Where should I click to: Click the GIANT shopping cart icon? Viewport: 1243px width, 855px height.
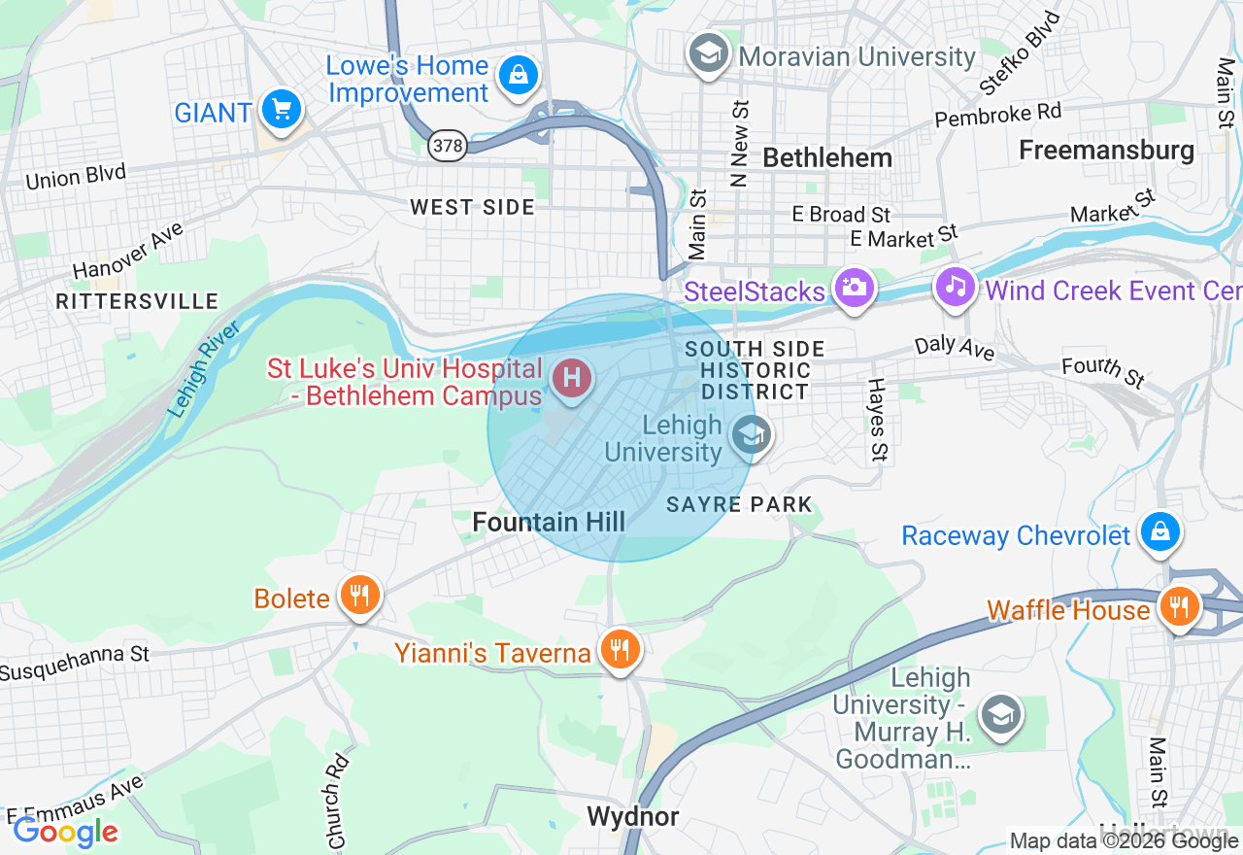282,110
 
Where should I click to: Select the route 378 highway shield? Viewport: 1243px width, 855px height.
448,146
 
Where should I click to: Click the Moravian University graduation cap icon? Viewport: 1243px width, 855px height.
709,54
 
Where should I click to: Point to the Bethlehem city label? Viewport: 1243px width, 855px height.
826,157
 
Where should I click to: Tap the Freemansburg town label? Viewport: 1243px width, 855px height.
1106,150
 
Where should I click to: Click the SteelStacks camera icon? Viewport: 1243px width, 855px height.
855,289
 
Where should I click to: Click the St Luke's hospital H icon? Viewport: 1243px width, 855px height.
572,377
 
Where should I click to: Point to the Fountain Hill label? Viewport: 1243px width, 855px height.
549,522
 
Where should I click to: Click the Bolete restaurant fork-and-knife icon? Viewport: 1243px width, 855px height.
360,595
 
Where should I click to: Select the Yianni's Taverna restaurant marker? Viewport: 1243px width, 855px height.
618,648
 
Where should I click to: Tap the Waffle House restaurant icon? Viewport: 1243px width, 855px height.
1179,607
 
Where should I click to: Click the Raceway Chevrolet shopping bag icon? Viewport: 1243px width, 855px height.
1159,532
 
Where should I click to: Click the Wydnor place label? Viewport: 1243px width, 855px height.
633,816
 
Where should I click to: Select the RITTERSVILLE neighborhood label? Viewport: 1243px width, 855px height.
137,301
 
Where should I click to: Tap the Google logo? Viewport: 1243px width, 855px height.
66,832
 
